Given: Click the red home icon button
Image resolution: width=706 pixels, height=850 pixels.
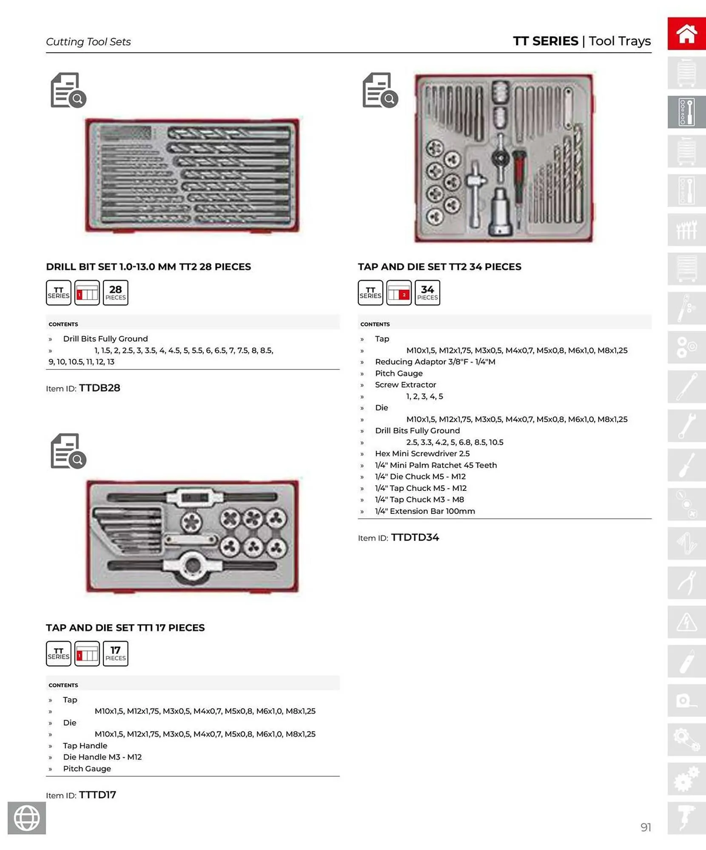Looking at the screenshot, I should click(686, 34).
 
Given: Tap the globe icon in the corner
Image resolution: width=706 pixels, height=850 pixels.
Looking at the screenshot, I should click(27, 818).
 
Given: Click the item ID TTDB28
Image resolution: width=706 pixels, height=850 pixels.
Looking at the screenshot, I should click(100, 388).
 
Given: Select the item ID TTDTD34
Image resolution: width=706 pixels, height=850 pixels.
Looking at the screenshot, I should click(415, 538).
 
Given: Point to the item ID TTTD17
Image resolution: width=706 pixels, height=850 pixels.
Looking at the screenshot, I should click(97, 795).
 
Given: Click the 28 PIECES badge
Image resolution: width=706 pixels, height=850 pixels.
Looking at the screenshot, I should click(115, 292).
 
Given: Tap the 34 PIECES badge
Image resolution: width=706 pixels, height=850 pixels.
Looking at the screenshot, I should click(427, 292).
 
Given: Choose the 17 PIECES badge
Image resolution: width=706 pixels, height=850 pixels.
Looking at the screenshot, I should click(115, 653).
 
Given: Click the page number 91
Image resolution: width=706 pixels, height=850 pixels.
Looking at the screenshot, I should click(645, 827).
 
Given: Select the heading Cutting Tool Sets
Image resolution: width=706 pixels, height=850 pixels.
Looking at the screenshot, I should click(88, 42).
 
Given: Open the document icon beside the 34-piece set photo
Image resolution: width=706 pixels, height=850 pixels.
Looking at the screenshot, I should click(380, 90).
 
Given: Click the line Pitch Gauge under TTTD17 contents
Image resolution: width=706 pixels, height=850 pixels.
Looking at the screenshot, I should click(87, 768).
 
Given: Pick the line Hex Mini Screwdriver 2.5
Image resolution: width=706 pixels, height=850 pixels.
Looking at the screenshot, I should click(422, 453).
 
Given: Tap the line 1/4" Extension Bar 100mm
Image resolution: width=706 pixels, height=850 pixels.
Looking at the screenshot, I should click(424, 511).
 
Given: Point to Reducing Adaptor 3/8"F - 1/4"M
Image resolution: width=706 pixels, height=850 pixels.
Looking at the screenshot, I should click(435, 362).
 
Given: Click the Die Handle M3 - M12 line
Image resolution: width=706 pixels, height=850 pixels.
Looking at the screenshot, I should click(102, 757).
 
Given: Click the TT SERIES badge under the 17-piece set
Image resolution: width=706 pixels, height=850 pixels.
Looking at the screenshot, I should click(58, 653).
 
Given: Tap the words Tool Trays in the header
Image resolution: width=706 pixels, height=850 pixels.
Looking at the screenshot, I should click(619, 41).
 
